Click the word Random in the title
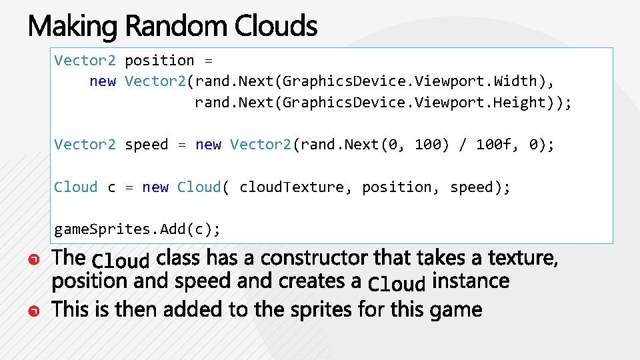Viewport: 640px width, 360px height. click(x=176, y=27)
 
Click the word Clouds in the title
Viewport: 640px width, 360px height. click(x=275, y=27)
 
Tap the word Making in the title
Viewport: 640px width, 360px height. click(x=72, y=27)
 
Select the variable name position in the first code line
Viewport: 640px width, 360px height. click(x=159, y=61)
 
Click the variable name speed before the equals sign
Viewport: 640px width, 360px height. click(x=147, y=145)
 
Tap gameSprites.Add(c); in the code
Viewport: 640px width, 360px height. click(x=137, y=229)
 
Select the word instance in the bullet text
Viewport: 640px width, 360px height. click(x=470, y=281)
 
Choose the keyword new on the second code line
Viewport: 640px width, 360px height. click(x=103, y=81)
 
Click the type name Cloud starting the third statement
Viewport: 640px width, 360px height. click(x=75, y=187)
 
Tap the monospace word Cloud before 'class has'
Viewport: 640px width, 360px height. click(x=121, y=260)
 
